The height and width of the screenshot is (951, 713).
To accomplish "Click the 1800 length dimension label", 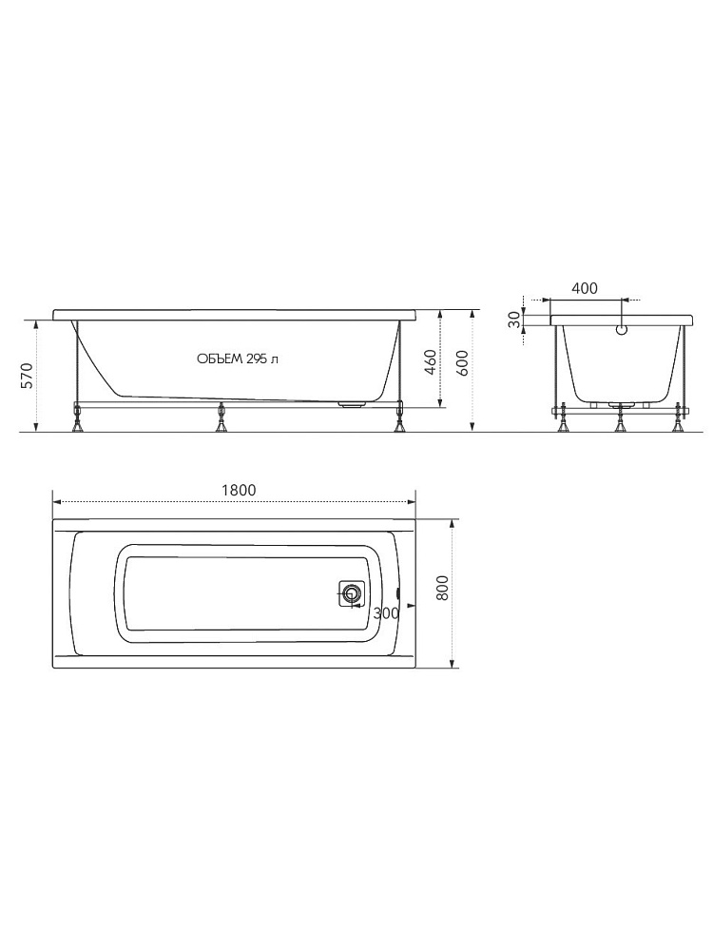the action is [239, 490].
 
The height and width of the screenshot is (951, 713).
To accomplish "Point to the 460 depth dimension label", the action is [430, 362].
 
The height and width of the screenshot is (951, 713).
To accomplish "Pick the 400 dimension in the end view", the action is [585, 288].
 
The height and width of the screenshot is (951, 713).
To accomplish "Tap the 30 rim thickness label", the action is [513, 320].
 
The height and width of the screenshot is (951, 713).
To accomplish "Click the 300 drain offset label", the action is [386, 613].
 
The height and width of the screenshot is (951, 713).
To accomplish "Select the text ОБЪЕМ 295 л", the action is [238, 359].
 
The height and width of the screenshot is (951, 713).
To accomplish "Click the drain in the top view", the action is [351, 593].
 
